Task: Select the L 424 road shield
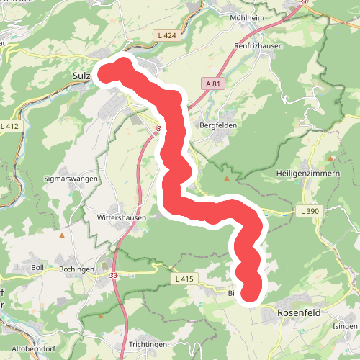(166, 34)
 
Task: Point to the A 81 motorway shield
(212, 84)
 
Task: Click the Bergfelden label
(218, 125)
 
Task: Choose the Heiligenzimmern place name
(305, 174)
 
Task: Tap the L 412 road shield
(9, 126)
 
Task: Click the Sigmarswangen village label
(71, 178)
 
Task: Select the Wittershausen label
(121, 217)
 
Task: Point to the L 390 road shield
(305, 211)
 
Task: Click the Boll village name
(38, 268)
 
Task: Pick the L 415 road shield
(184, 278)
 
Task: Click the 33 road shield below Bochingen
(113, 275)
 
